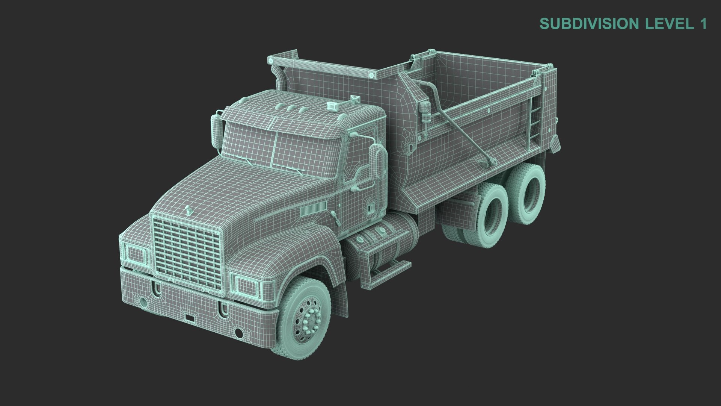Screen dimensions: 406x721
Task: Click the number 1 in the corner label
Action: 703,24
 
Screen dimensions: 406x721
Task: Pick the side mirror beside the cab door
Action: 377,161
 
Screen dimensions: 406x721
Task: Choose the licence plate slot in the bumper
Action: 190,318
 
